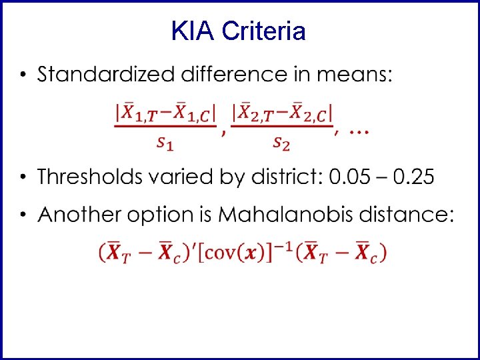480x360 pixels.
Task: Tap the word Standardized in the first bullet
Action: tap(106, 75)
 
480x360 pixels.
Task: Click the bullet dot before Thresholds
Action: tap(23, 177)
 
